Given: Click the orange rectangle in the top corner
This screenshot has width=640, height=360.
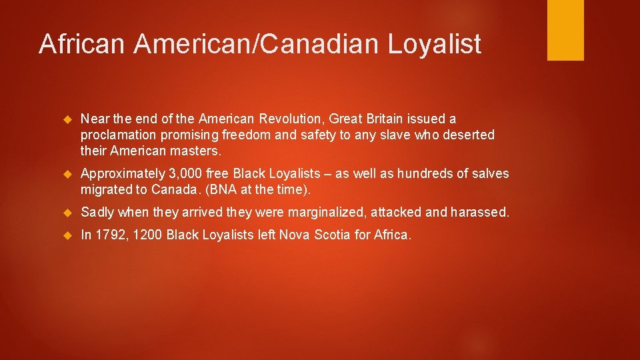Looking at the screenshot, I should [565, 30].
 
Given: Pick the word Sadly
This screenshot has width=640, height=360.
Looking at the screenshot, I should [97, 213].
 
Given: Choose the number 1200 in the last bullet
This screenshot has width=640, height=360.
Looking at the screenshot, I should [147, 235].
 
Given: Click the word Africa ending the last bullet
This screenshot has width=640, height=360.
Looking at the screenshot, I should [392, 235].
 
